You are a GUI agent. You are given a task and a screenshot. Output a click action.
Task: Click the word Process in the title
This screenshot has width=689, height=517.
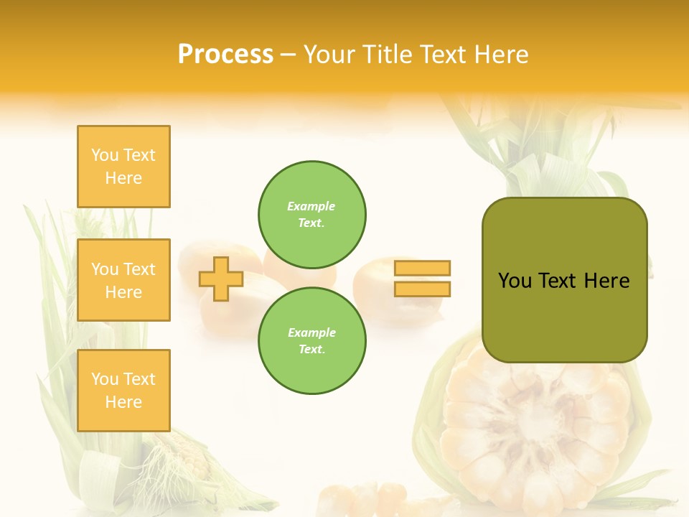pos(225,55)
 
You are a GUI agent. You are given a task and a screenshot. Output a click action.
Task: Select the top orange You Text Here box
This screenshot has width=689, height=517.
pos(123,167)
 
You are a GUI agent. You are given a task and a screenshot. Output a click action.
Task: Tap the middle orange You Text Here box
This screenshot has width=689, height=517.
pos(123,280)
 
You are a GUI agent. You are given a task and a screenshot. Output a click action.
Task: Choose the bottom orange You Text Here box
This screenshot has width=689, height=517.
pos(123,391)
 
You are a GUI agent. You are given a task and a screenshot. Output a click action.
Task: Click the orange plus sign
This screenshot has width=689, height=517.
pos(221,279)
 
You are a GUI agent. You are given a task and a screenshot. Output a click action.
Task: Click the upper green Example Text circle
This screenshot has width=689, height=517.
pos(312,214)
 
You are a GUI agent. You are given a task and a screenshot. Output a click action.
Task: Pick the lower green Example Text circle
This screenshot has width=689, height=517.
pos(312,340)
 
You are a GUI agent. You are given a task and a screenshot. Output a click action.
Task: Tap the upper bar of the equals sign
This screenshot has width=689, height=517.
pos(422,268)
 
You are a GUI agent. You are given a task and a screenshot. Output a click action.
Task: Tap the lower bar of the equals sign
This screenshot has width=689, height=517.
pos(422,289)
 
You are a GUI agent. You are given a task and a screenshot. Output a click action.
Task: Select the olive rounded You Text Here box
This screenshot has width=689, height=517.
pos(564,280)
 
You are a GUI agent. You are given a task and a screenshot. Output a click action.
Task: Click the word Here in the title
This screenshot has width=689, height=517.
pos(500,55)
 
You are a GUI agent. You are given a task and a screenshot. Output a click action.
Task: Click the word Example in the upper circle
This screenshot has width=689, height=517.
pos(311,206)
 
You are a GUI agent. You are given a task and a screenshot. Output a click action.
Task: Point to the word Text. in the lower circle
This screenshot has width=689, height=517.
pos(311,349)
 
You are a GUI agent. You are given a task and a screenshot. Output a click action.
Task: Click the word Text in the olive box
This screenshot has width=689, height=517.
pos(560,281)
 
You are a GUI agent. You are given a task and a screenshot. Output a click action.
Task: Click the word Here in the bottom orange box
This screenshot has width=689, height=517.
pos(123,402)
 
